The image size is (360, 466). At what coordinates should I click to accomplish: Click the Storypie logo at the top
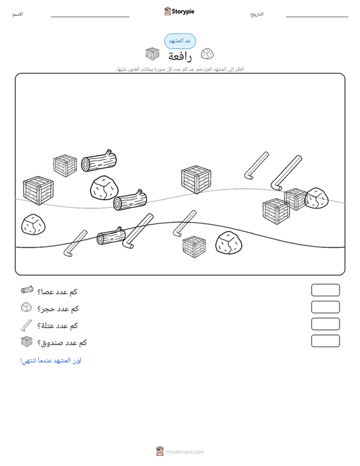(179, 11)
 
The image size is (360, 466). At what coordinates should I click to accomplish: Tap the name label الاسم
(17, 14)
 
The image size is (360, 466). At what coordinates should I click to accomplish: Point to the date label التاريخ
(256, 14)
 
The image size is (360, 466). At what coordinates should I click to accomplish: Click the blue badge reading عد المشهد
(180, 41)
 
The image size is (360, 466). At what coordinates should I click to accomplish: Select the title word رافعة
(180, 56)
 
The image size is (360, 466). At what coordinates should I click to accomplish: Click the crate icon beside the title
(153, 54)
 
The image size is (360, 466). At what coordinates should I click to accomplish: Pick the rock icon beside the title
(207, 54)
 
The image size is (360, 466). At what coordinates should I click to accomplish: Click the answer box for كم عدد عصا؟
(325, 290)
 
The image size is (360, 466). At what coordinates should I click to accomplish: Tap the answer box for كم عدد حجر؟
(325, 307)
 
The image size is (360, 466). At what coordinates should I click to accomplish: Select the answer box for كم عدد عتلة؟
(325, 324)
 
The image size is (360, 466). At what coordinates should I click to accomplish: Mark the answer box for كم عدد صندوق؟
(325, 341)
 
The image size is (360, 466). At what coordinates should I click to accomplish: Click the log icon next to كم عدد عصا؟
(27, 290)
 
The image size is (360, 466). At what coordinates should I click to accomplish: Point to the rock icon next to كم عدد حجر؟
(27, 307)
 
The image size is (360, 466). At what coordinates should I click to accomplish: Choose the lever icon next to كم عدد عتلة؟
(26, 326)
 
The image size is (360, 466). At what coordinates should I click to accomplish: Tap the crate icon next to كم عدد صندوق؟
(27, 342)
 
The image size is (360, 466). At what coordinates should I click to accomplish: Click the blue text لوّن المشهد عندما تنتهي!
(51, 360)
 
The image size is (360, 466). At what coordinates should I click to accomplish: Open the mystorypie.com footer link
(184, 452)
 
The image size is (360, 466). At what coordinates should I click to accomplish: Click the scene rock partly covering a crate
(317, 198)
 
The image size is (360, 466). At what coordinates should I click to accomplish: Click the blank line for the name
(90, 17)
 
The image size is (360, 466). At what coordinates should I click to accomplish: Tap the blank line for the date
(317, 17)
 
